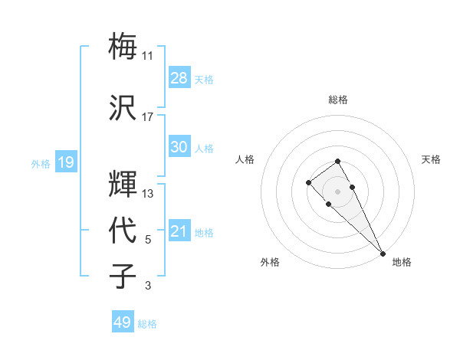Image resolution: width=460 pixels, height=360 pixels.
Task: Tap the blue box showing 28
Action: (x=179, y=78)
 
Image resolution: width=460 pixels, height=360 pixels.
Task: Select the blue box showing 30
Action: (x=179, y=147)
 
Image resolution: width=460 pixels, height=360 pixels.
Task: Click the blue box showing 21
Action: (x=179, y=231)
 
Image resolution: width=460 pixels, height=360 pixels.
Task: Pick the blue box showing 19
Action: (x=65, y=162)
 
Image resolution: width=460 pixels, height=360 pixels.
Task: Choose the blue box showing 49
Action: (x=123, y=322)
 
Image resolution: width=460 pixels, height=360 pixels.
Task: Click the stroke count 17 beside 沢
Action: (x=147, y=117)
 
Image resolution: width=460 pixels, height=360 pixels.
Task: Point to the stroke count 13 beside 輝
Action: (x=148, y=194)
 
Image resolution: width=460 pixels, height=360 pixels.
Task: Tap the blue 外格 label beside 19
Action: (x=41, y=163)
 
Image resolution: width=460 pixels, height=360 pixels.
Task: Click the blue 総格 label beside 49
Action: (x=147, y=324)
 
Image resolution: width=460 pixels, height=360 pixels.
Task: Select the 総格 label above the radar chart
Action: (x=338, y=100)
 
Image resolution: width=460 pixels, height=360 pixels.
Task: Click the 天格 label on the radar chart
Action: (x=431, y=159)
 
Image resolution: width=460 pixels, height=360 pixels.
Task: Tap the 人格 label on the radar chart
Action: (x=245, y=159)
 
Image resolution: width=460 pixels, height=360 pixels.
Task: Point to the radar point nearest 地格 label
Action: (x=383, y=254)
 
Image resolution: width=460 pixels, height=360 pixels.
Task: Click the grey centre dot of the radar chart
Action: (x=338, y=191)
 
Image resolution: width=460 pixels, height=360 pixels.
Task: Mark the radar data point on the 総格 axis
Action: (x=338, y=161)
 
